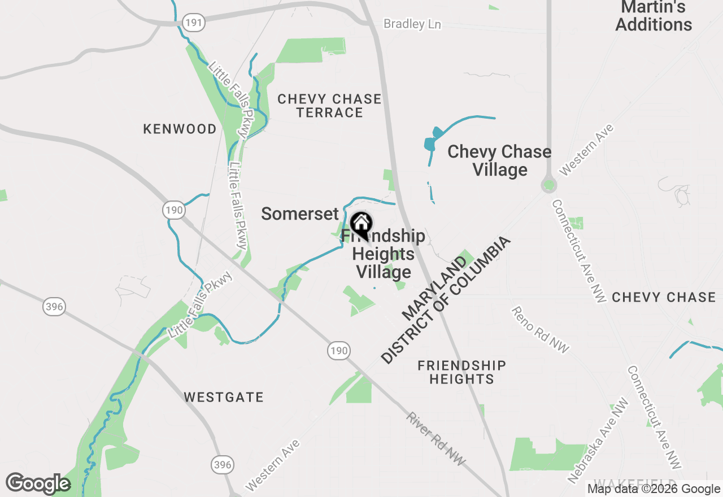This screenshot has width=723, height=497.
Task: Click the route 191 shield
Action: (x=194, y=23)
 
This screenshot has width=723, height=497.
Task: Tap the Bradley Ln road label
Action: (x=412, y=24)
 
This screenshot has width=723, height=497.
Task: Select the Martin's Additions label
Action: (x=654, y=16)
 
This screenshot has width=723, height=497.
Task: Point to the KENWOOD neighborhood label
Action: (x=180, y=129)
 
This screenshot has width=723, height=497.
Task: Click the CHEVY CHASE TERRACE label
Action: (x=329, y=106)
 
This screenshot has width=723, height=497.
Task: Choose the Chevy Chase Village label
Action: (x=499, y=160)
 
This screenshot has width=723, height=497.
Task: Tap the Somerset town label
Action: (x=299, y=213)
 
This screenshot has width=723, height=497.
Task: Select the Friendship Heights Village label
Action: (x=384, y=254)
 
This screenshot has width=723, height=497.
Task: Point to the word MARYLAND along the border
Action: (x=435, y=287)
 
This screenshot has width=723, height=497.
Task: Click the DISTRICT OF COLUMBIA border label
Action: (x=446, y=300)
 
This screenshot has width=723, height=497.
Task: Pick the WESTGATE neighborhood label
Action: (x=224, y=397)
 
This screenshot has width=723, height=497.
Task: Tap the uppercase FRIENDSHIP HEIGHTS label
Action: (x=461, y=372)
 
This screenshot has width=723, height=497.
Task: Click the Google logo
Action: (x=38, y=483)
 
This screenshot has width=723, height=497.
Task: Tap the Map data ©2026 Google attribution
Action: (x=654, y=489)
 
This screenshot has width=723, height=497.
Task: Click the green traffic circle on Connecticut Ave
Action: (x=548, y=185)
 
